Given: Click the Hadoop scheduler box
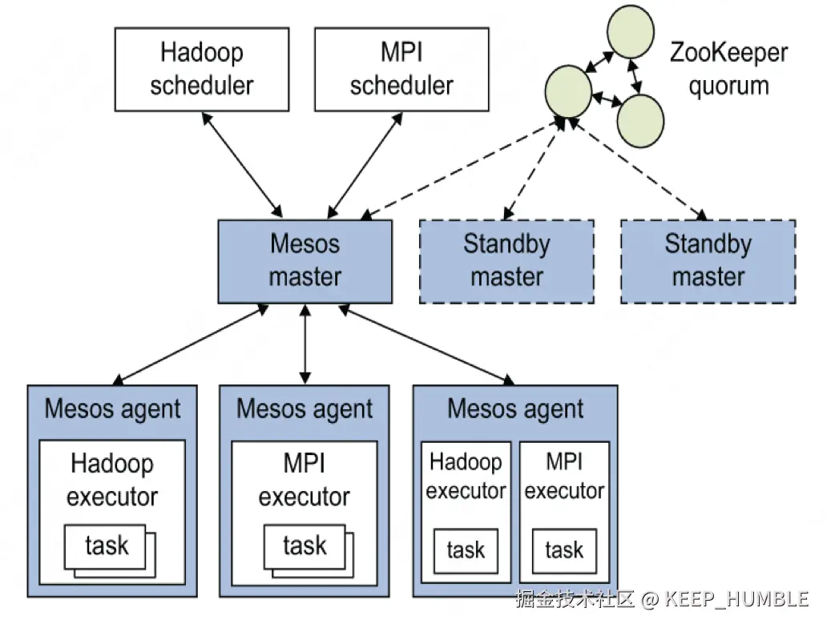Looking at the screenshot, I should pos(201,69).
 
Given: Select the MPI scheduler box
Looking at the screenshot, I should pos(401,69).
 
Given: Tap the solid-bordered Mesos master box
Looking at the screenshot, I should pos(305,261).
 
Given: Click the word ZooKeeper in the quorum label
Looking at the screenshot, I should pos(728,54).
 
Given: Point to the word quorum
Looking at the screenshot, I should pos(728,85).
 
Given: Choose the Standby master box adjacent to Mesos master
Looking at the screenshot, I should pos(506,261).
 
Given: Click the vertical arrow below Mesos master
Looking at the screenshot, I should pos(305,344).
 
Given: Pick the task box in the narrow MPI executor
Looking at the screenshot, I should pos(564,550).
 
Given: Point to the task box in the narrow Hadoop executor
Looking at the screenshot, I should pos(466,550).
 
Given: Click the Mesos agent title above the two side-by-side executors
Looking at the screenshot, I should pos(515,409).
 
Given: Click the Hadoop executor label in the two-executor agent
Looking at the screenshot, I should pos(466,476).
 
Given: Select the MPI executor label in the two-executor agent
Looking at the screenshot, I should pos(564,476).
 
